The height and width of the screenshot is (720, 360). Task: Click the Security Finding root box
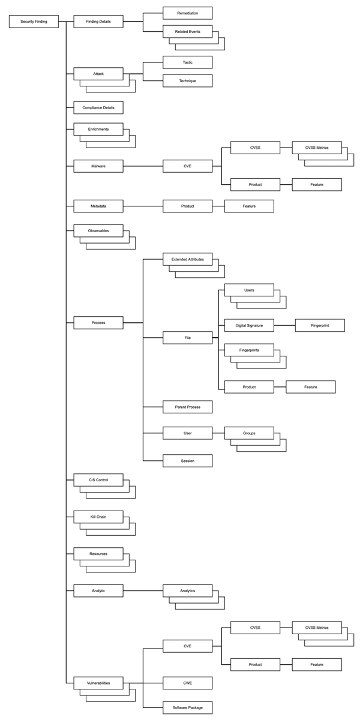[34, 22]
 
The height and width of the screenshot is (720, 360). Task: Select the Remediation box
[187, 13]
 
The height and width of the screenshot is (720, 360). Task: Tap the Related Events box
[187, 31]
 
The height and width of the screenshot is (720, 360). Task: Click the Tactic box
[187, 62]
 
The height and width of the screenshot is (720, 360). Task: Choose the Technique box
[187, 80]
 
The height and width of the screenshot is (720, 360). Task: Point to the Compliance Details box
[98, 108]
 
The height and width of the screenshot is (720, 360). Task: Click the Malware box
[98, 166]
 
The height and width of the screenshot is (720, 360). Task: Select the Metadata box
[98, 206]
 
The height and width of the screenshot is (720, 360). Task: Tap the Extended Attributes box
[187, 259]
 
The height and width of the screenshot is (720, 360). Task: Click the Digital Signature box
[249, 325]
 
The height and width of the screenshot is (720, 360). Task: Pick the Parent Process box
[187, 407]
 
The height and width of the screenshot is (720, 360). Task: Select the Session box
[187, 461]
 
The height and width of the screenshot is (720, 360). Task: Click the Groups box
[249, 432]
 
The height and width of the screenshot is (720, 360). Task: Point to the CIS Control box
[98, 479]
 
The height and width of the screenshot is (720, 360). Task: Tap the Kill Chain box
[98, 517]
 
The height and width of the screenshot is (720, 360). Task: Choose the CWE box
[187, 682]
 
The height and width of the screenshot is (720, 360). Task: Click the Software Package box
[187, 707]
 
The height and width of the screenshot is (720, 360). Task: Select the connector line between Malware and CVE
[143, 166]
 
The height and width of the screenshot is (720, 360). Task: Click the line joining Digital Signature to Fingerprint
[284, 325]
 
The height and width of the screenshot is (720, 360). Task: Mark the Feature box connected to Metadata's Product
[249, 206]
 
